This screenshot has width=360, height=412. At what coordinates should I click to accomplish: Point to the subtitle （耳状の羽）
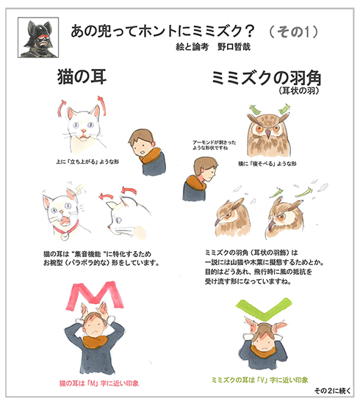click(x=301, y=92)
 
